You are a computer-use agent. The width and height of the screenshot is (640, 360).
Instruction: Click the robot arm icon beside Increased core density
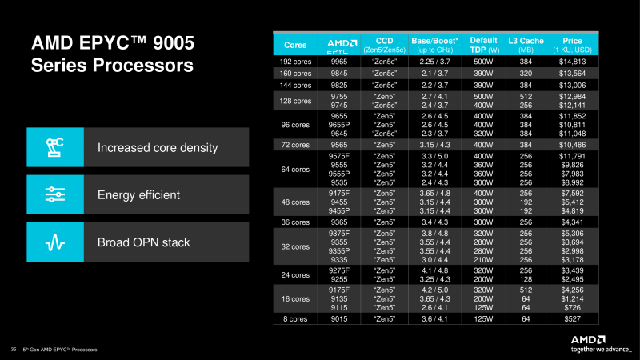pos(55,148)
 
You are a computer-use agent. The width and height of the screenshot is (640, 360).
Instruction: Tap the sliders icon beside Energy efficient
pos(55,194)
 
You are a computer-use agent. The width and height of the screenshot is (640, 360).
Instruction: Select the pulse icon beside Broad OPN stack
pos(55,242)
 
